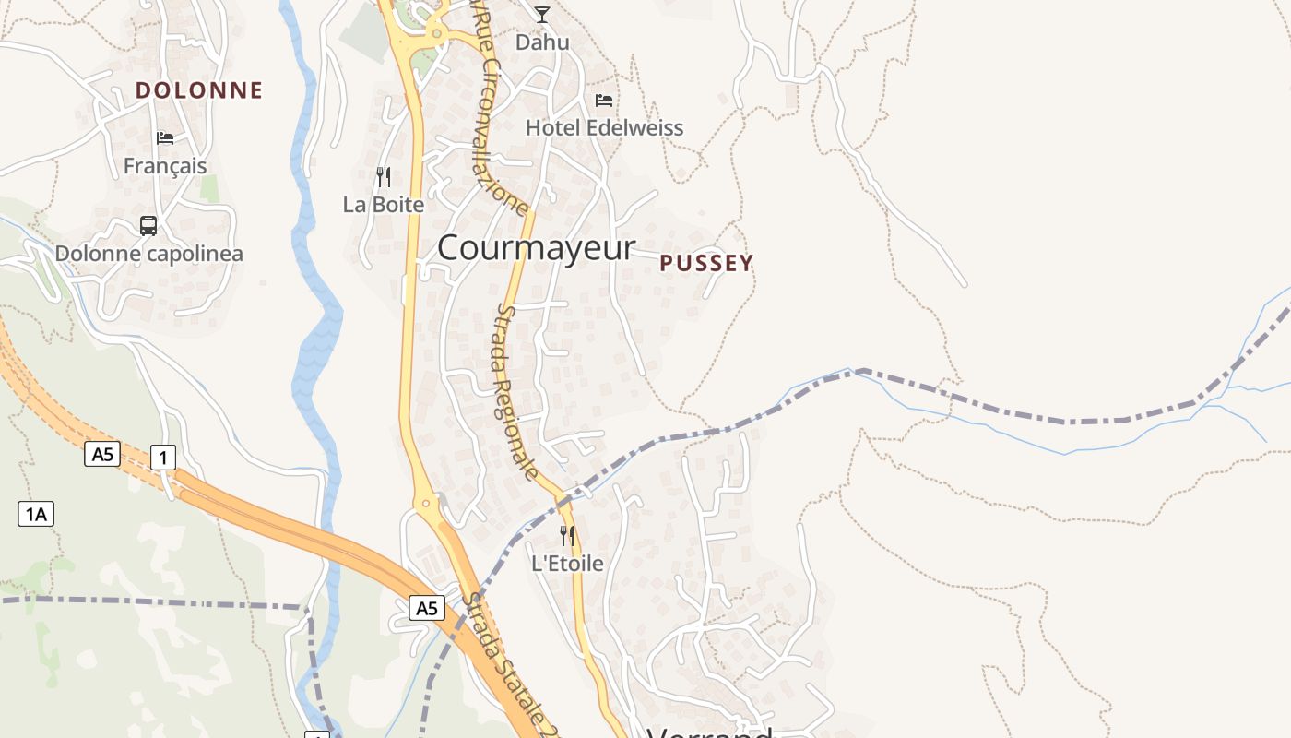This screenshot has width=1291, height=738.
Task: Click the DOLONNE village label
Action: (x=199, y=90)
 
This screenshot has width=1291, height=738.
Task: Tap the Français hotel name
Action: (x=165, y=166)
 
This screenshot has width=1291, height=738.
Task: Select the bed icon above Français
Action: (x=165, y=137)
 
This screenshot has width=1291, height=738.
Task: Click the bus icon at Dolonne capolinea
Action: (x=148, y=225)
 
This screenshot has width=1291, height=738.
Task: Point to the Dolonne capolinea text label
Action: (x=148, y=253)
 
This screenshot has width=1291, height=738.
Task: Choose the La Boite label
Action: (x=384, y=205)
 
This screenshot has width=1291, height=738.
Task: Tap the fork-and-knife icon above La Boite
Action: (x=384, y=176)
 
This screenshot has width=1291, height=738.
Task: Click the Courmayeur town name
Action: (x=536, y=247)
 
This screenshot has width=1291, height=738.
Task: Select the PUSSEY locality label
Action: (x=706, y=264)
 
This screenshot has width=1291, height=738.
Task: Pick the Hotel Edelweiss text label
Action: (x=604, y=127)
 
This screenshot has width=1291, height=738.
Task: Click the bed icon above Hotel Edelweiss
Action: (x=604, y=100)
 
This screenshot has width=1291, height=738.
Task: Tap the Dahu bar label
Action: (x=542, y=42)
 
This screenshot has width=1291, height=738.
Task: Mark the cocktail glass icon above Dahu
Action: (x=542, y=14)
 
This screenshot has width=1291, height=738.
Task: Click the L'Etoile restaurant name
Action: (x=567, y=563)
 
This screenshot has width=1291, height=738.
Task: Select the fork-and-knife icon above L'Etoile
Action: (x=567, y=535)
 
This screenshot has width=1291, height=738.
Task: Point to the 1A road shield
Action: (x=36, y=514)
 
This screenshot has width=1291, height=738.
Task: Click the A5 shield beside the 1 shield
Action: (x=102, y=454)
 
